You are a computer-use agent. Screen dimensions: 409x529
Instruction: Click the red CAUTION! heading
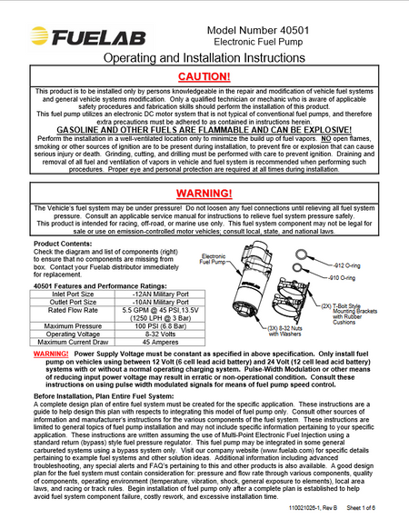[x=204, y=77]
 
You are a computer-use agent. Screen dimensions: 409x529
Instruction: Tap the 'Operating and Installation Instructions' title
[x=204, y=56]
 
